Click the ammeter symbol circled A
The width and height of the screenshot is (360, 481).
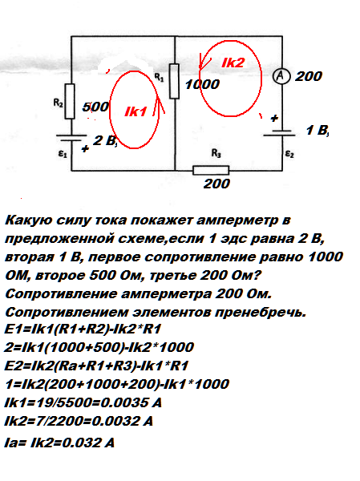[x=281, y=76]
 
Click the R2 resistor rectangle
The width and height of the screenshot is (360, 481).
[x=70, y=101]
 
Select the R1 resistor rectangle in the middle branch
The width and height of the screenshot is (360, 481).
[x=174, y=81]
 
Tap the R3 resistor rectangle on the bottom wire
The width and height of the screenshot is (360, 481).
[x=211, y=170]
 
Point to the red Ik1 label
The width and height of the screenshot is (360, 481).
[x=136, y=111]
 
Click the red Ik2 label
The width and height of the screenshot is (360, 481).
[x=233, y=63]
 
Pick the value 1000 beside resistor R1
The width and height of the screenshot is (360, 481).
[x=202, y=84]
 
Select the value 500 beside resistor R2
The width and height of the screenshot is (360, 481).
[x=95, y=107]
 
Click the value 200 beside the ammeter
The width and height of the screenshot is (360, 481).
[x=309, y=76]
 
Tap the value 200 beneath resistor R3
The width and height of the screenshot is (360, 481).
[x=216, y=184]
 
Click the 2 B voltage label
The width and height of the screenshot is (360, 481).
[x=105, y=140]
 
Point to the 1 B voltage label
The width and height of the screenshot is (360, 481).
[x=318, y=131]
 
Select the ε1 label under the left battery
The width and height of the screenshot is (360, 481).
[x=63, y=153]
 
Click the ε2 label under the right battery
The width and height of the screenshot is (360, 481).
[x=289, y=153]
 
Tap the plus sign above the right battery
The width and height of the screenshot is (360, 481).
[x=274, y=118]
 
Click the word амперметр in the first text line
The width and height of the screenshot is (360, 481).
[x=237, y=221]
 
